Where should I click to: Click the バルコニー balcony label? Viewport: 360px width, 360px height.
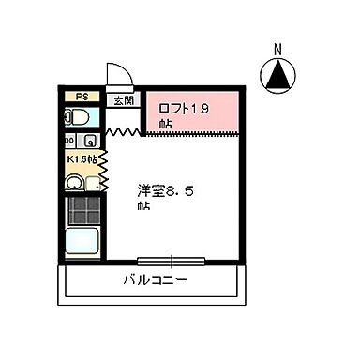click(x=155, y=280)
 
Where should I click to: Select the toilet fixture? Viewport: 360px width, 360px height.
click(x=78, y=117)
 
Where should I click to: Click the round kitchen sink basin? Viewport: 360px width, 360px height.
click(x=74, y=183)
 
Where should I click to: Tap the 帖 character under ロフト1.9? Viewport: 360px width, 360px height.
click(x=165, y=122)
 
